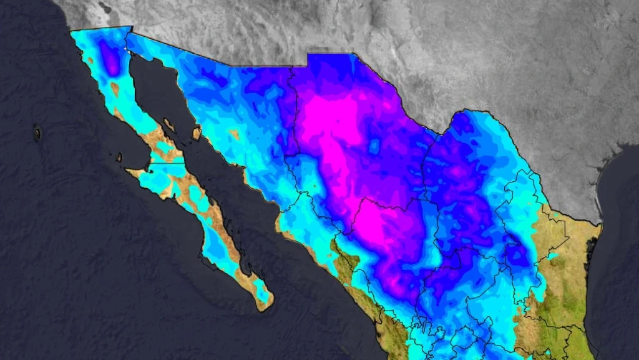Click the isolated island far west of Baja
pyautogui.click(x=37, y=133)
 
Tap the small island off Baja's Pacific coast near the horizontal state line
pyautogui.click(x=119, y=157)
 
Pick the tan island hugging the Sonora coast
pyautogui.click(x=197, y=133)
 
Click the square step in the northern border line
pyautogui.click(x=307, y=59)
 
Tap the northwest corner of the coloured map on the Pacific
pyautogui.click(x=70, y=31)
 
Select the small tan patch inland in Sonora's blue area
pyautogui.click(x=235, y=134)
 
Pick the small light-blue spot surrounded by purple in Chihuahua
pyautogui.click(x=374, y=147)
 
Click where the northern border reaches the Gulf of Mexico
pyautogui.click(x=600, y=224)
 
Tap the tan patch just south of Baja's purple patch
pyautogui.click(x=115, y=88)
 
